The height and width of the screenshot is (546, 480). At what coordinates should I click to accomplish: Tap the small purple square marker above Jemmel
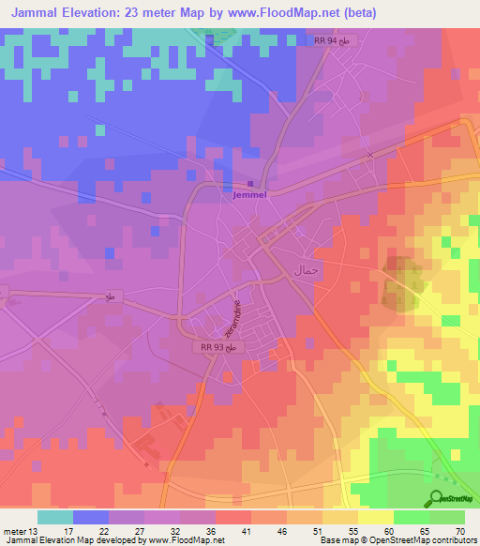coord(249,184)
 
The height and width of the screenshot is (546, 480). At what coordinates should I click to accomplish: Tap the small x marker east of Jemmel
coord(370,155)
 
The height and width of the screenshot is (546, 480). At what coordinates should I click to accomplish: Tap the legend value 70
coord(460,531)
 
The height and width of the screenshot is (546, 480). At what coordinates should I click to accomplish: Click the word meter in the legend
coord(14,531)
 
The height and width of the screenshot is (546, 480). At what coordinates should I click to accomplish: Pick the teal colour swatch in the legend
coord(54,517)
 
